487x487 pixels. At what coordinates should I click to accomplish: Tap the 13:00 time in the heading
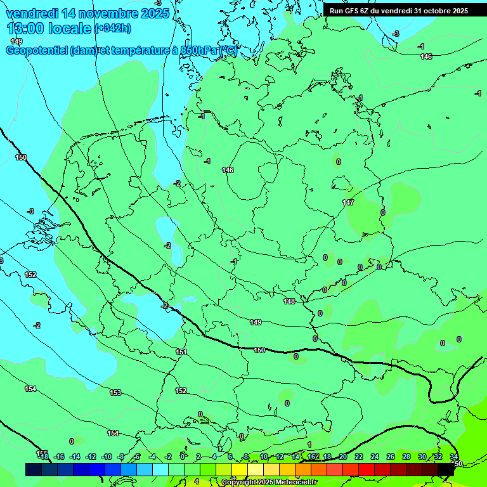[25, 29]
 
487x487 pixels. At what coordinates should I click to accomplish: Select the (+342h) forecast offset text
[113, 29]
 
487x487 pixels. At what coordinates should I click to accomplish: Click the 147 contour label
[348, 202]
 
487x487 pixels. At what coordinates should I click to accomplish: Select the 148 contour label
[290, 301]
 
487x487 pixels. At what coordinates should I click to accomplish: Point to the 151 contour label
[181, 352]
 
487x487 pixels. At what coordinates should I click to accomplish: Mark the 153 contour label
[115, 393]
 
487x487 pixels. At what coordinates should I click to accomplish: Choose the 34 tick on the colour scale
[454, 457]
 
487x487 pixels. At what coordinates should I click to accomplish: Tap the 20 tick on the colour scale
[343, 457]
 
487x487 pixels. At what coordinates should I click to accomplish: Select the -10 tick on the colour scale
[107, 457]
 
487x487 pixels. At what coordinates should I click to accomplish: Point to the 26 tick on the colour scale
[391, 457]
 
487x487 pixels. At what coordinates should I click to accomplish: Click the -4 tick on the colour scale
[152, 457]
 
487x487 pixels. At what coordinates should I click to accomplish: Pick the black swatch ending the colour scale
[446, 469]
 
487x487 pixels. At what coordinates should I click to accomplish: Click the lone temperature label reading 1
[309, 445]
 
